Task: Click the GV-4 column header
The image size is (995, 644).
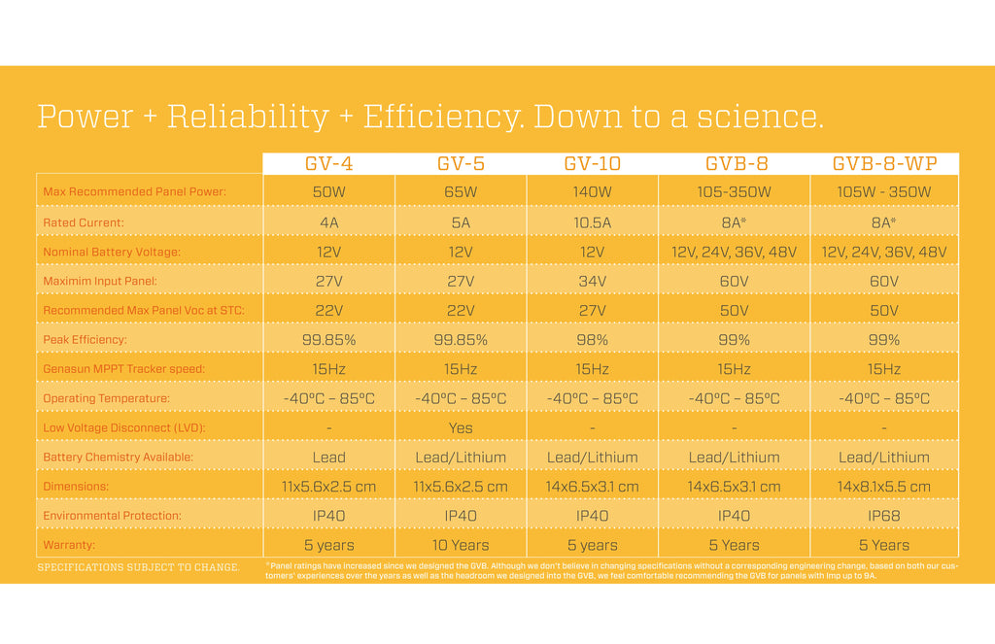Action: click(x=328, y=164)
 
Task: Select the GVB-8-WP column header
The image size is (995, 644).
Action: click(x=883, y=164)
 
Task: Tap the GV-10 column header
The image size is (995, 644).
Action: click(x=592, y=164)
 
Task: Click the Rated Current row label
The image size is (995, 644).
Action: click(x=84, y=222)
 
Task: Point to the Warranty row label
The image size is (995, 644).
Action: click(x=69, y=545)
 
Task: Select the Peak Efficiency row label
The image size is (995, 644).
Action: click(x=86, y=340)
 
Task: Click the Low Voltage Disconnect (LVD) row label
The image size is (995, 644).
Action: click(x=124, y=427)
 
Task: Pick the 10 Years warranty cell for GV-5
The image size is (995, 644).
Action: click(x=461, y=545)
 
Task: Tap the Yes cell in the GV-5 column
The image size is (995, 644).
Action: click(x=461, y=427)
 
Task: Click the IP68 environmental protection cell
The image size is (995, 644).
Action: click(x=883, y=516)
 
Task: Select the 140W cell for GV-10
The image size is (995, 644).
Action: click(x=592, y=192)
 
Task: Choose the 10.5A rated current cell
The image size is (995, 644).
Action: click(x=592, y=222)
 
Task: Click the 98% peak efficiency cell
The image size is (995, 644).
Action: click(x=592, y=340)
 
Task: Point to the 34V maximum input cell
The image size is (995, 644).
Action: click(x=592, y=282)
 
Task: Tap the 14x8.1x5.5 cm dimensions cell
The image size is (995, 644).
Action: click(x=883, y=487)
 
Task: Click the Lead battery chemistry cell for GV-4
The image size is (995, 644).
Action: click(x=328, y=458)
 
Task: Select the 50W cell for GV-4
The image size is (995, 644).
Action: click(x=328, y=192)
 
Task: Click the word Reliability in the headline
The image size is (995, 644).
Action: click(x=249, y=117)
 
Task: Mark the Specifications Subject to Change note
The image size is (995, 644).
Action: click(x=138, y=567)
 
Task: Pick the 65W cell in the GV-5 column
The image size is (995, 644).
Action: click(x=461, y=192)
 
